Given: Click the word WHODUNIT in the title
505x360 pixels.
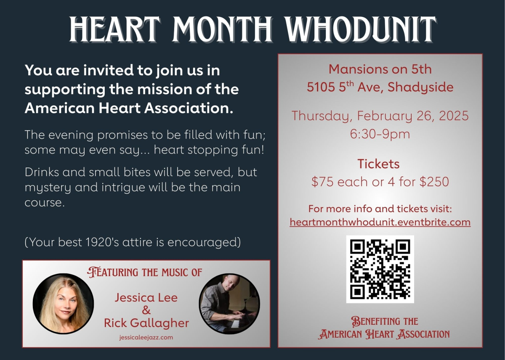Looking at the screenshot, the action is pyautogui.click(x=360, y=29).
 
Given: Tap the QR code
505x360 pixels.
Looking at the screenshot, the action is pyautogui.click(x=380, y=269).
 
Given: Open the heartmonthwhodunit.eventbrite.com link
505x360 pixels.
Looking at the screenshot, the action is pyautogui.click(x=380, y=222).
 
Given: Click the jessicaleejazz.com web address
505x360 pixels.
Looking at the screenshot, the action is pyautogui.click(x=146, y=337).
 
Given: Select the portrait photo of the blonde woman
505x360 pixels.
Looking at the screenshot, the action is pyautogui.click(x=63, y=304).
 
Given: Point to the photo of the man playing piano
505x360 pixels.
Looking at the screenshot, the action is pyautogui.click(x=229, y=304).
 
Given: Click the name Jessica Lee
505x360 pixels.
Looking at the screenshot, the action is pyautogui.click(x=146, y=297).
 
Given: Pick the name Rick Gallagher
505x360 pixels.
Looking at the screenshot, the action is pyautogui.click(x=146, y=323).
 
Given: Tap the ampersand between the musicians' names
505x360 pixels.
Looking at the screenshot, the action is pyautogui.click(x=146, y=310).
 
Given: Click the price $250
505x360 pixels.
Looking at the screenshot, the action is pyautogui.click(x=434, y=182).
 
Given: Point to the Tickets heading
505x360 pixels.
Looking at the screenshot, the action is pyautogui.click(x=378, y=164).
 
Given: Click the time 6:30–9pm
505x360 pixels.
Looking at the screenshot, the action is pyautogui.click(x=380, y=134).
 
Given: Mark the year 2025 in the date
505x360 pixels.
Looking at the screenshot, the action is pyautogui.click(x=454, y=116).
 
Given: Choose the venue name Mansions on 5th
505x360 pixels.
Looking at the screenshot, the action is pyautogui.click(x=380, y=69).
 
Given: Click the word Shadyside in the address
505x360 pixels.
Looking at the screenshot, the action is pyautogui.click(x=420, y=87).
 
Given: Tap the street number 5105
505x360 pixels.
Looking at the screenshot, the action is pyautogui.click(x=321, y=87).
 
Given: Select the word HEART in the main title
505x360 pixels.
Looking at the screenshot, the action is pyautogui.click(x=114, y=29).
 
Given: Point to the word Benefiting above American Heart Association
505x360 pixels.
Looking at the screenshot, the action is pyautogui.click(x=385, y=321).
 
